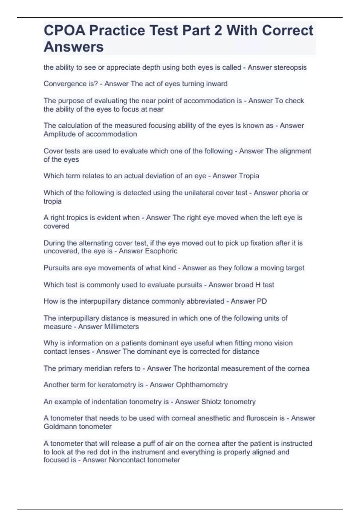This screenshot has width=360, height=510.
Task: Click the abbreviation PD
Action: coord(262,301)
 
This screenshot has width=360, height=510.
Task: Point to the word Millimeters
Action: coord(121,327)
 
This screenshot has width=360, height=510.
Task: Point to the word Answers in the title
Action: coord(73,47)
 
